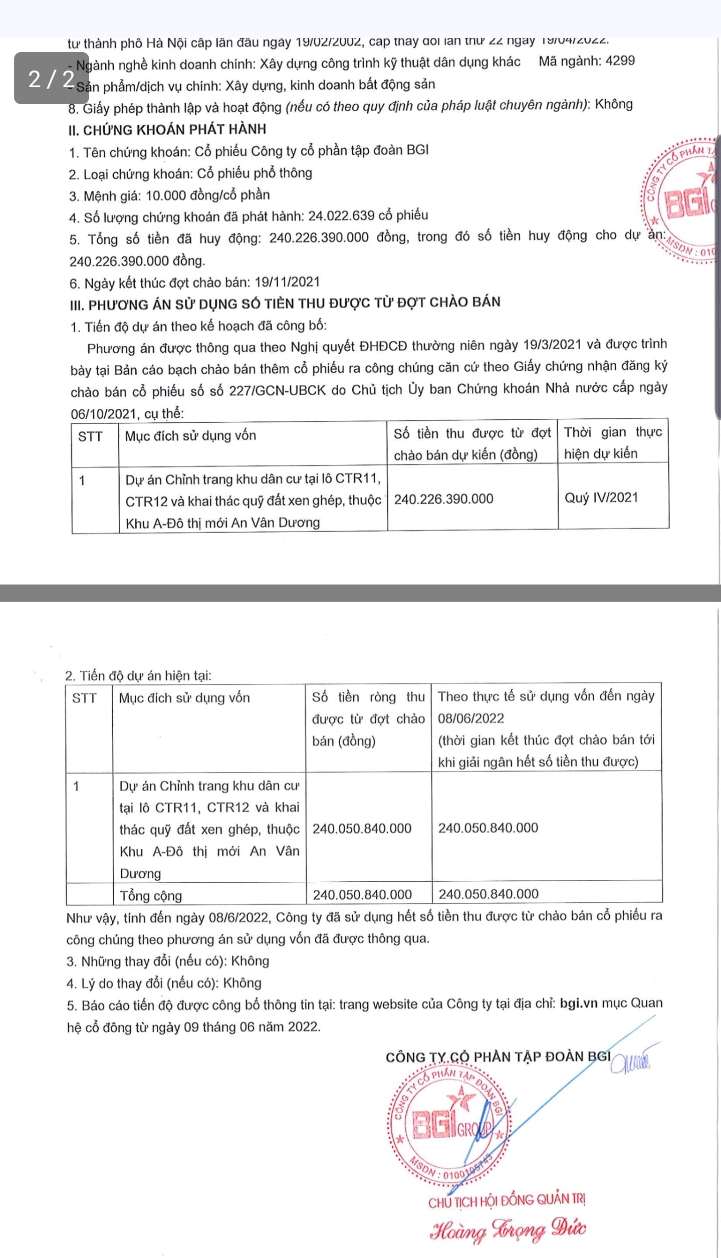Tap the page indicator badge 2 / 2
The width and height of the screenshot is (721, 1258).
point(52,78)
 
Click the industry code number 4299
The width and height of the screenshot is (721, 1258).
point(620,61)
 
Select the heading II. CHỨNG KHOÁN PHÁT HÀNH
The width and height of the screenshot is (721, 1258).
point(167,130)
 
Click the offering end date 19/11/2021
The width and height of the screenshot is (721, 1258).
point(287,282)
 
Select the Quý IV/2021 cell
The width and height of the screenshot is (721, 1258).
point(601,497)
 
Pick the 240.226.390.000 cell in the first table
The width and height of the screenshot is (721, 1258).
point(443,499)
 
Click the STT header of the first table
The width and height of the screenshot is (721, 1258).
point(90,437)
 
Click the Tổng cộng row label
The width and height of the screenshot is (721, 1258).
point(150,895)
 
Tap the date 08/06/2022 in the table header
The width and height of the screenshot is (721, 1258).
point(471,718)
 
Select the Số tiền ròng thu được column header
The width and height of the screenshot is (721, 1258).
point(368,719)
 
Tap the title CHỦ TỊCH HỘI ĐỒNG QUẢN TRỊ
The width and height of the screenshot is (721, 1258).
point(507,1200)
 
